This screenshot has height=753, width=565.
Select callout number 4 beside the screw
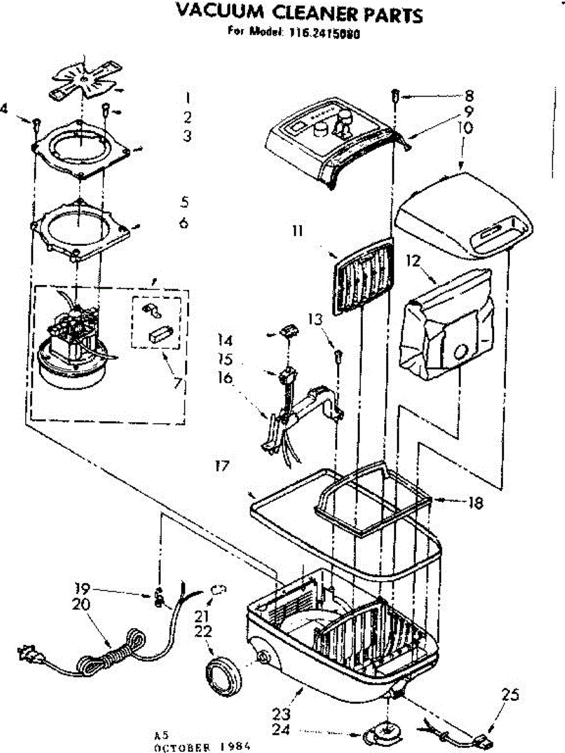pos(5,109)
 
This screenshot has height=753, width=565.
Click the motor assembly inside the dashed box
pos(72,351)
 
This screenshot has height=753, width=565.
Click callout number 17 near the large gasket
pos(220,466)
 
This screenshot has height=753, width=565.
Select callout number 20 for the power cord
pos(81,604)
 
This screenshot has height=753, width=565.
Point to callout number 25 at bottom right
pos(509,695)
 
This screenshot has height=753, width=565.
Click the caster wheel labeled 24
pos(380,734)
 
